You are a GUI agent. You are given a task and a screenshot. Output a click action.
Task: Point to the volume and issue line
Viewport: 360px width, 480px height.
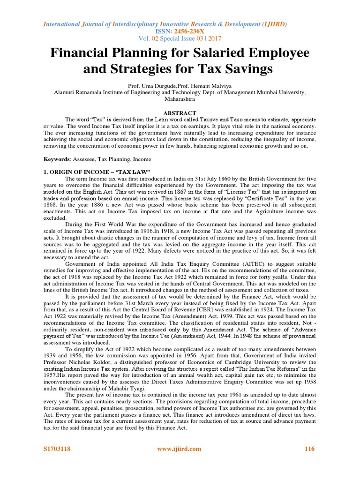coord(180,38)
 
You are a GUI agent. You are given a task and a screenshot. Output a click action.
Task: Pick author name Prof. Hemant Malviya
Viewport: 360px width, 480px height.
coord(196,86)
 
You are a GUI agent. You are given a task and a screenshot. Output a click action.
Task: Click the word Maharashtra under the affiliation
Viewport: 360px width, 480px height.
coord(180,99)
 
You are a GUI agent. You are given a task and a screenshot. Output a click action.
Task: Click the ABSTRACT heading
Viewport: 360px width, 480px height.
coord(180,113)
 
